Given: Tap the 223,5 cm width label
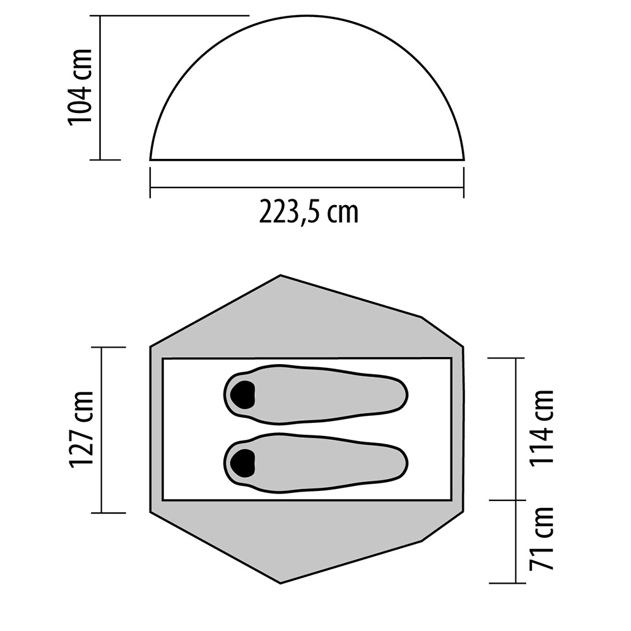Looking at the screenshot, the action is [x=309, y=211].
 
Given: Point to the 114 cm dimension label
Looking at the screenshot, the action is [x=542, y=428].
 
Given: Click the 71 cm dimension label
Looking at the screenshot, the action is [x=542, y=538].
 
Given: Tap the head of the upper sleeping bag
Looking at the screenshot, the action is [x=242, y=394].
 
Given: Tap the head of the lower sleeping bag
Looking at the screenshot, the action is [x=242, y=463].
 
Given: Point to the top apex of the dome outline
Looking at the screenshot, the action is [x=307, y=16].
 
